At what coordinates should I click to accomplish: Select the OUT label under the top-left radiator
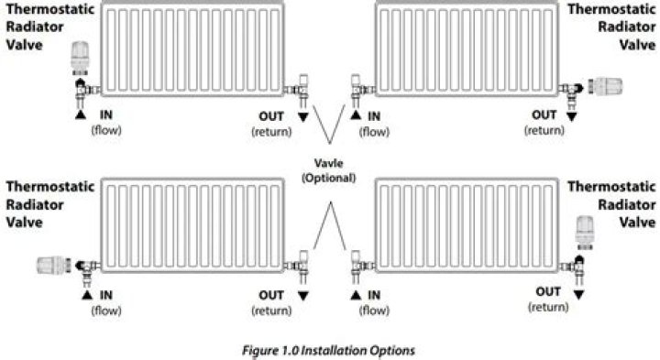(271, 115)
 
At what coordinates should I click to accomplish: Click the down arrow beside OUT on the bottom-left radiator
(302, 296)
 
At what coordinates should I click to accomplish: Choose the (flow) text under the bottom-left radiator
(105, 311)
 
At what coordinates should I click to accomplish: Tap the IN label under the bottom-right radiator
(375, 296)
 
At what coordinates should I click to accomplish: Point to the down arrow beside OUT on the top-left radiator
(302, 117)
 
